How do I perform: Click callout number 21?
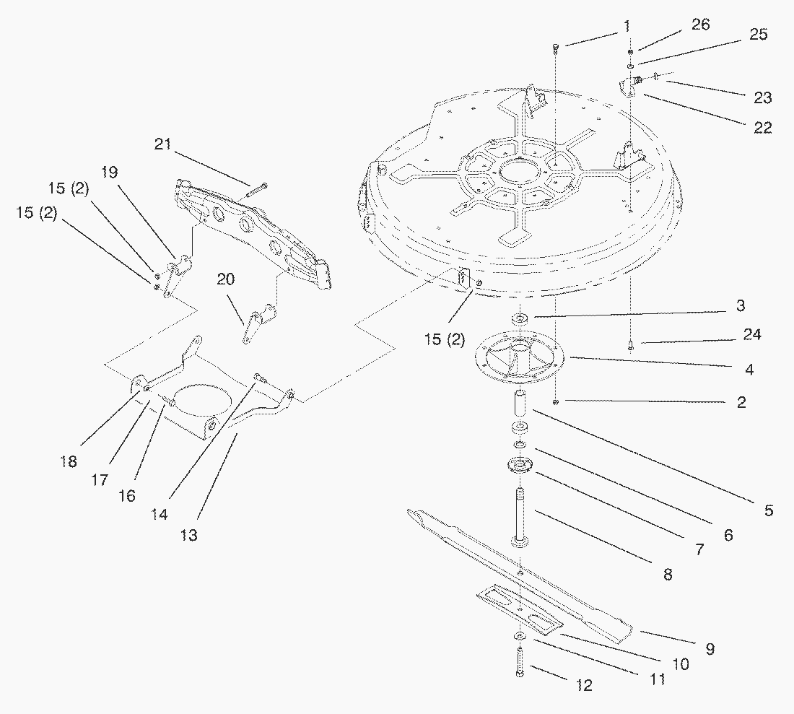[163, 144]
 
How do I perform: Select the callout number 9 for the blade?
[710, 649]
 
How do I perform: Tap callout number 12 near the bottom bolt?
[584, 685]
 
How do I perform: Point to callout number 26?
[700, 25]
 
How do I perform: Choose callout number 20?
[226, 279]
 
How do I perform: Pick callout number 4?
[749, 370]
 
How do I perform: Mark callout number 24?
[751, 335]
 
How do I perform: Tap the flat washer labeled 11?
[520, 635]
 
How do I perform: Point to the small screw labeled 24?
[631, 345]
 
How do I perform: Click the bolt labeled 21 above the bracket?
[257, 190]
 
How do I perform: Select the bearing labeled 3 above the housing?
[520, 318]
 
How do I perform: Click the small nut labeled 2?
[555, 401]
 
